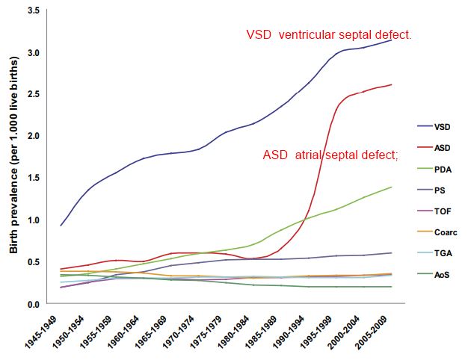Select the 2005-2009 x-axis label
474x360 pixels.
point(378,332)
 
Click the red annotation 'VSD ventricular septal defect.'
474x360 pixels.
point(329,34)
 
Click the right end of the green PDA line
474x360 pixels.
point(391,187)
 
